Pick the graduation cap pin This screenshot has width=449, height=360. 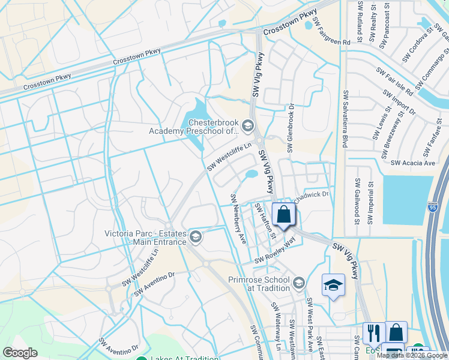[333, 286]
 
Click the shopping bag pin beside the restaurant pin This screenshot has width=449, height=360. [396, 332]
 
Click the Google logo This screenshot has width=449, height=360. [20, 353]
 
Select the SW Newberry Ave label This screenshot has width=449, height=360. [238, 218]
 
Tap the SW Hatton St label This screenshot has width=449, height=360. [264, 220]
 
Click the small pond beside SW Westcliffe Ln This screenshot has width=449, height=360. [251, 175]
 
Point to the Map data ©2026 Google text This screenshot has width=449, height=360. [412, 355]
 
